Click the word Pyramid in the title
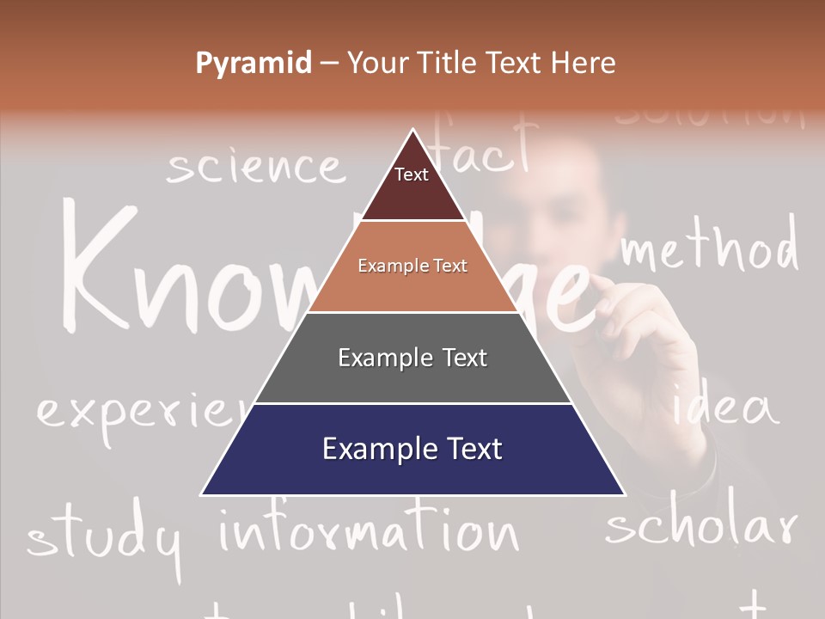pyautogui.click(x=254, y=64)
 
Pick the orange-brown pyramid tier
pyautogui.click(x=412, y=267)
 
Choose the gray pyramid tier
pyautogui.click(x=412, y=359)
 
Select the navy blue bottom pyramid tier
pyautogui.click(x=412, y=450)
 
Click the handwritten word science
pyautogui.click(x=254, y=166)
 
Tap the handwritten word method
pyautogui.click(x=709, y=248)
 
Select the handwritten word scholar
pyautogui.click(x=700, y=526)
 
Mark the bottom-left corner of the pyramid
pyautogui.click(x=201, y=495)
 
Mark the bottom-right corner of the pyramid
pyautogui.click(x=625, y=495)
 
